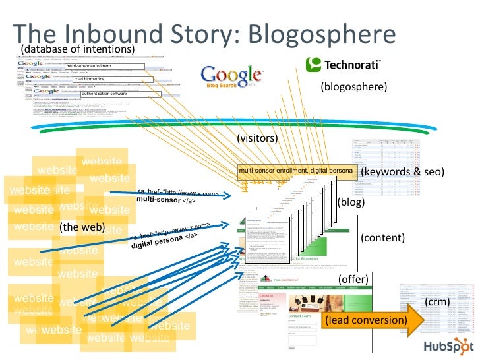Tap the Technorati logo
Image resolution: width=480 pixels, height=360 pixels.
click(x=343, y=64)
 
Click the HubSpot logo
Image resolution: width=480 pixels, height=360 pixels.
click(x=446, y=346)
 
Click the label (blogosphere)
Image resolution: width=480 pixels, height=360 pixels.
click(x=353, y=86)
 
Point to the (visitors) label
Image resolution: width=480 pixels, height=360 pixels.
click(x=257, y=138)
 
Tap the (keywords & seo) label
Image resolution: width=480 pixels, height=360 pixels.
click(x=403, y=172)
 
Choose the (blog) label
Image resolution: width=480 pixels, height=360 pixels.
click(x=351, y=202)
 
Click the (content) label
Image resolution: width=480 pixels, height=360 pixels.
click(x=382, y=238)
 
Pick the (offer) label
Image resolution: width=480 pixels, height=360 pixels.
click(x=353, y=280)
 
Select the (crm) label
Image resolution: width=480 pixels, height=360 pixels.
click(x=437, y=301)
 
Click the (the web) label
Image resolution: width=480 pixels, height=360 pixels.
click(x=82, y=227)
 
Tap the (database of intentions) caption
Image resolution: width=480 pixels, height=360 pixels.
click(x=78, y=49)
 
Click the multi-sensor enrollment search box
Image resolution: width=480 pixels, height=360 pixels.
click(x=104, y=66)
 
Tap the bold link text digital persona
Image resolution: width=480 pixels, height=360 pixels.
click(x=158, y=243)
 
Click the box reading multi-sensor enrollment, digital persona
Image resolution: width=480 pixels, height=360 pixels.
click(x=297, y=171)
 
